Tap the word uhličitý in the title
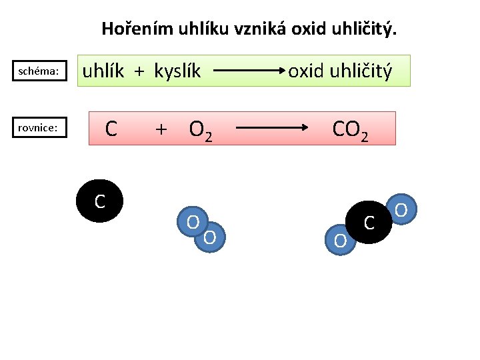coord(363,29)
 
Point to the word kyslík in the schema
coord(177,71)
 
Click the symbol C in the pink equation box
coord(111,128)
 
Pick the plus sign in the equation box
coord(161,128)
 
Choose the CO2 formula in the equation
coord(350,129)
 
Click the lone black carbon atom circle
coord(99,201)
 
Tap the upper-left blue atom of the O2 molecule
coord(191,221)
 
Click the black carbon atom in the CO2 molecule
coord(369,222)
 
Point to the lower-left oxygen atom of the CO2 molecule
coord(340,240)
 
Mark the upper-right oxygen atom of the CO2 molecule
coord(401,210)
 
